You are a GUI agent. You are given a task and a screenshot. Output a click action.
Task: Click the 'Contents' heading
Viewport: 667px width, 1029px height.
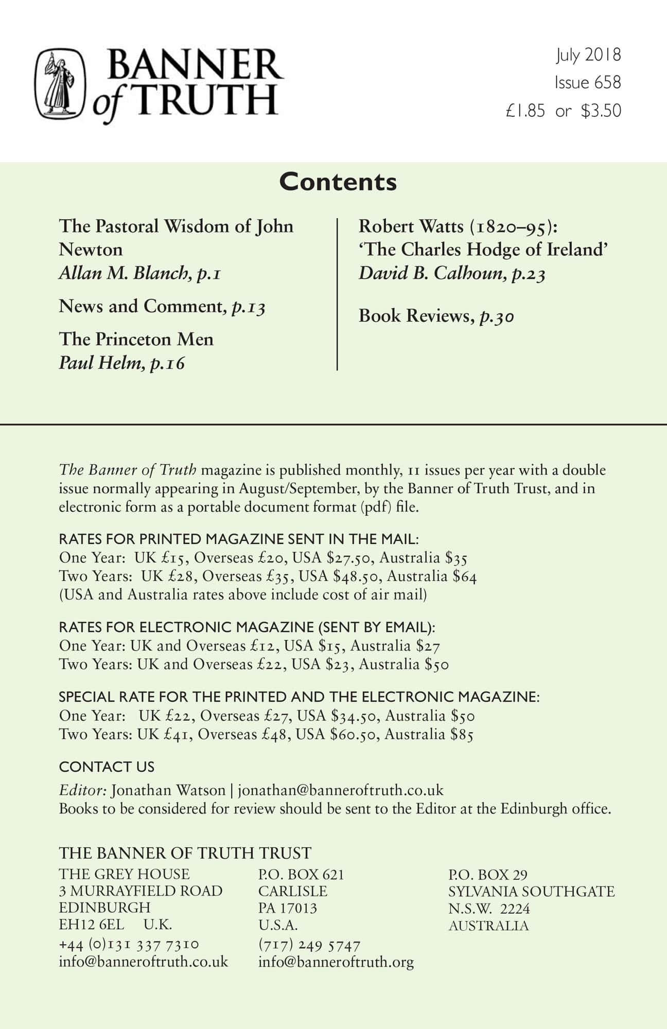338,182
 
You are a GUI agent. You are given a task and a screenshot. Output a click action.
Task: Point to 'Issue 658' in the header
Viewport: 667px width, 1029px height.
587,82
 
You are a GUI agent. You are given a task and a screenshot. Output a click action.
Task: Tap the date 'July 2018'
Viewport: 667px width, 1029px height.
588,55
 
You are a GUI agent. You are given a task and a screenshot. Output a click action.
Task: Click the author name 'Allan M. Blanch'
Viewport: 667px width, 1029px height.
127,273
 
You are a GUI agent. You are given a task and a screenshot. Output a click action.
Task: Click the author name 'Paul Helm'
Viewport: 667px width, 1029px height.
100,363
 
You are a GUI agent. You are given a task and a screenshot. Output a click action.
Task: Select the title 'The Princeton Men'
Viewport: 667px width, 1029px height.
136,340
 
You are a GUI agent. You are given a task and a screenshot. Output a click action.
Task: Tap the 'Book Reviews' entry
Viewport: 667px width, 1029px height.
414,316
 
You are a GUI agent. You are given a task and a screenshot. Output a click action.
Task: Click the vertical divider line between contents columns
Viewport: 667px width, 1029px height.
337,294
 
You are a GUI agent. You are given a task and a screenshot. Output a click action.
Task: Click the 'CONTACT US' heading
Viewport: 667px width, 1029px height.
107,767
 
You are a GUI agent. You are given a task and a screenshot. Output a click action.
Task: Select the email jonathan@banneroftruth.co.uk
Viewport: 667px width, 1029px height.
340,790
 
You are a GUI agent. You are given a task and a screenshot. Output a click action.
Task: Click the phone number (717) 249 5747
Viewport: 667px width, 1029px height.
309,945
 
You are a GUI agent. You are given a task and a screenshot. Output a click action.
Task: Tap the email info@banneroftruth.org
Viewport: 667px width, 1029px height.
336,962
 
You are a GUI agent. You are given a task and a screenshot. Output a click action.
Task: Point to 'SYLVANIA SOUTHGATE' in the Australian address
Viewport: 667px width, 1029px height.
531,892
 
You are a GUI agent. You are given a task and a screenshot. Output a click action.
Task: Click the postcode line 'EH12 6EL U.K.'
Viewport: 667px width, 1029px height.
115,925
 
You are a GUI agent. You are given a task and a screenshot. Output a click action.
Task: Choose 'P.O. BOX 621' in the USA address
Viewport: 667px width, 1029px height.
301,875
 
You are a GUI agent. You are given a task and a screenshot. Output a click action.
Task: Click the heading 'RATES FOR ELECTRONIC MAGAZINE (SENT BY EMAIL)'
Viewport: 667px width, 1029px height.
247,627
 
